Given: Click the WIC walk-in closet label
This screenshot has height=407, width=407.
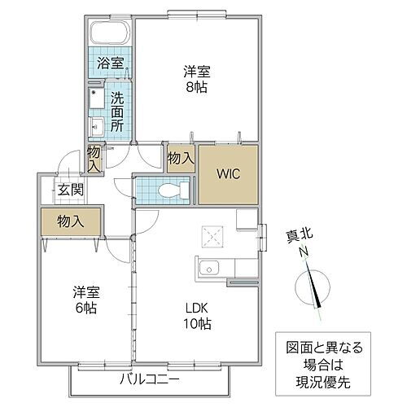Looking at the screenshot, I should tap(229, 173).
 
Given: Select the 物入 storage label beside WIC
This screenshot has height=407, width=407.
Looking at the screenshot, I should tap(180, 158).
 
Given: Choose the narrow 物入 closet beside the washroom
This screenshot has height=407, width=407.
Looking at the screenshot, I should tap(94, 158).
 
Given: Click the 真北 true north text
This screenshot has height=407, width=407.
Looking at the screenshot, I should tap(301, 237).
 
